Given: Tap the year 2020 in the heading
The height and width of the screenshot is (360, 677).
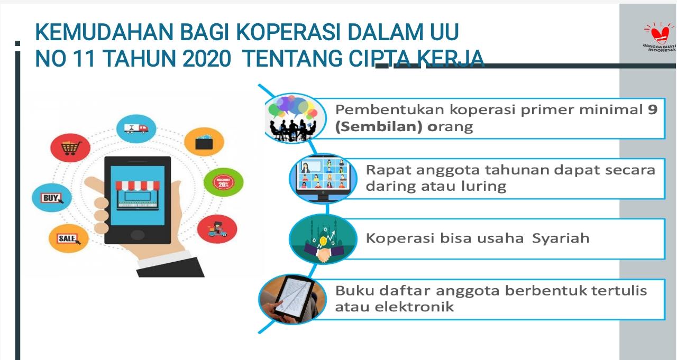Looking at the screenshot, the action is click(x=207, y=58).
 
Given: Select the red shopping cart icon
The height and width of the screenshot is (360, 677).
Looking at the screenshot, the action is click(x=70, y=147).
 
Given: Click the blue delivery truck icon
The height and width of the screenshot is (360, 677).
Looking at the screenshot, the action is click(x=136, y=128).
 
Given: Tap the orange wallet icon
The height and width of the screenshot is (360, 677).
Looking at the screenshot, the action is click(x=204, y=142).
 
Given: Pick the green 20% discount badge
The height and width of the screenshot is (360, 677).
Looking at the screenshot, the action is click(x=223, y=182).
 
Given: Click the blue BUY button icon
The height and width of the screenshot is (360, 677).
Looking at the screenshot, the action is click(x=52, y=198).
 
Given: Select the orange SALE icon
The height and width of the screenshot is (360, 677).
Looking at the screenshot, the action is click(x=69, y=238).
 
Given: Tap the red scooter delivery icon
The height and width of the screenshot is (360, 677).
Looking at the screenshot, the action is click(x=217, y=229).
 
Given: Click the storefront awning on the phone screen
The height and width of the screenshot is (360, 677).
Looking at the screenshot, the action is click(x=138, y=185).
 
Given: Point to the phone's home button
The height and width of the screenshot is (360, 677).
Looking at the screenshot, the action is click(x=137, y=234).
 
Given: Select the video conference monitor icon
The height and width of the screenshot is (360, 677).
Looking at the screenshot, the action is click(x=323, y=179).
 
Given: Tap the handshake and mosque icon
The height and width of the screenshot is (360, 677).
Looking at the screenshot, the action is click(x=323, y=238).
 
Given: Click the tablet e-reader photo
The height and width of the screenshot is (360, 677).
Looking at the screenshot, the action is click(x=292, y=299).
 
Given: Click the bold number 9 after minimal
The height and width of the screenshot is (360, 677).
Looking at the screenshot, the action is click(x=653, y=109).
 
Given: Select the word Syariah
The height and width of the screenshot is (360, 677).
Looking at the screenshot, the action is click(x=561, y=238).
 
